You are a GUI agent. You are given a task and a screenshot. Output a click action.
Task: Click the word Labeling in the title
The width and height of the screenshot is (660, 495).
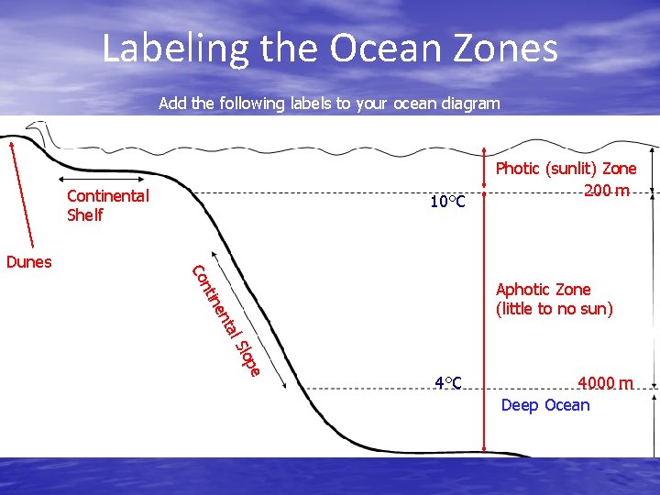pos(174,49)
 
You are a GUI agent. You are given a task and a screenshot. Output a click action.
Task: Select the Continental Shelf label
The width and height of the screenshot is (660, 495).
pos(107,205)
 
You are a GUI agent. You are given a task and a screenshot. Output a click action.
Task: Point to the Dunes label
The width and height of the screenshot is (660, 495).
pos(28,262)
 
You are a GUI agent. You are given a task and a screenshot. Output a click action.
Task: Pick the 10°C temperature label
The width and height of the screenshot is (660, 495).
pos(448,201)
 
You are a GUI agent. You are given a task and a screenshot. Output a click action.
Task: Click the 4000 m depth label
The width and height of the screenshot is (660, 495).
pos(605,382)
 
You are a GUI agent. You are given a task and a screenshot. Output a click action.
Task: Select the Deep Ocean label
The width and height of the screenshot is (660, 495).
pos(545,405)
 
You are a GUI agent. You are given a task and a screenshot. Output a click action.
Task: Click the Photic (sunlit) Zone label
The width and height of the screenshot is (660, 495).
pos(566,169)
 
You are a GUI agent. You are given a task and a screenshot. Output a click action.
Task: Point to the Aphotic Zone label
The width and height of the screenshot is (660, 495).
pos(543,290)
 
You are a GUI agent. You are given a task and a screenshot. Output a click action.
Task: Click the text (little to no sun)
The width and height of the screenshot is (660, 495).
pos(554,309)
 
